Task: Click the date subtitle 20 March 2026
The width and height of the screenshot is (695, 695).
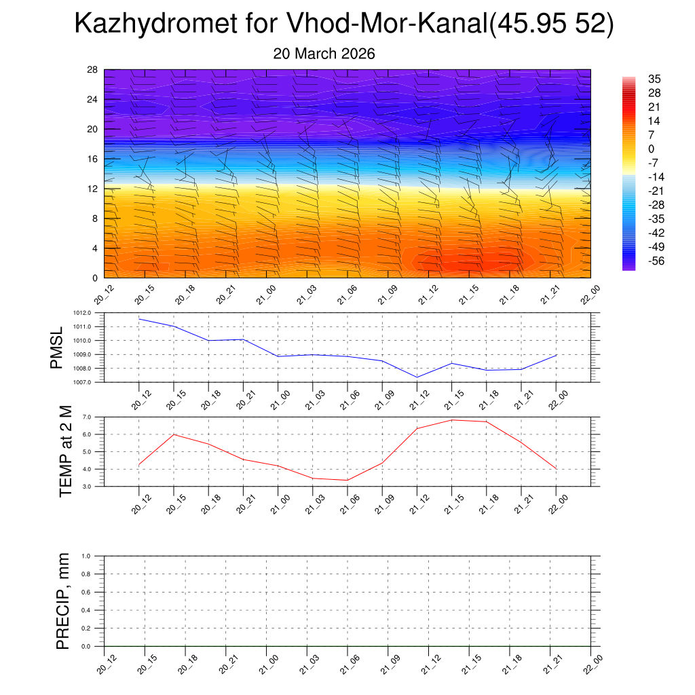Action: (x=324, y=54)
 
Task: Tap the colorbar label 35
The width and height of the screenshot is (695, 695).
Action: (x=654, y=79)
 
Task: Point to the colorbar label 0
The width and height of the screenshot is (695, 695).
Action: (x=651, y=149)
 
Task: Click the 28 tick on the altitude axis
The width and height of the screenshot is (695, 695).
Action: (x=92, y=70)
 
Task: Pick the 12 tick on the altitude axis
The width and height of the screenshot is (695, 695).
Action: (x=92, y=189)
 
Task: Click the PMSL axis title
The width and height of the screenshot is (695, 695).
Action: (x=56, y=347)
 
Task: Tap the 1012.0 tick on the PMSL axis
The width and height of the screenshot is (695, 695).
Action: (x=90, y=313)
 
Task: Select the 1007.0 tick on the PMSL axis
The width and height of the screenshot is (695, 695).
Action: (x=90, y=383)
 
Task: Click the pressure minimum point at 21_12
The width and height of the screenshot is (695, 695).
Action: (x=417, y=377)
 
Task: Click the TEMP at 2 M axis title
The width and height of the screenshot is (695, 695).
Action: (x=65, y=452)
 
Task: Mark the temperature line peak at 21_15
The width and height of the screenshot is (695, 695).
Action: (x=451, y=420)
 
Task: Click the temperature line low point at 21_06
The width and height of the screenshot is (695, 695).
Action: (x=347, y=480)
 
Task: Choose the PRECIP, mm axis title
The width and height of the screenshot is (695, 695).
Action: (x=63, y=601)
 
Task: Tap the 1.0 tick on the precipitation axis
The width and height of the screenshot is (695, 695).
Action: (x=96, y=557)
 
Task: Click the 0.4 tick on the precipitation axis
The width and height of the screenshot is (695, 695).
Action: (x=96, y=611)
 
